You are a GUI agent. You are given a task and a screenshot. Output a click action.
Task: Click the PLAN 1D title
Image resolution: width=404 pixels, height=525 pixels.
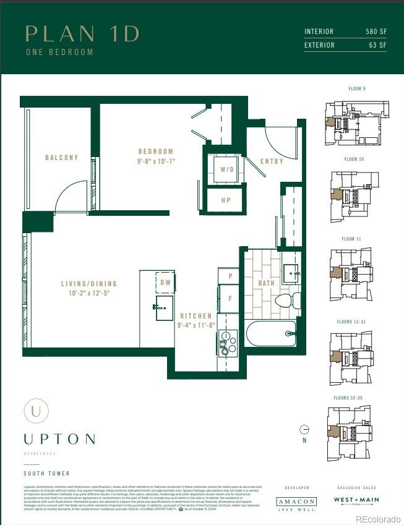[x=82, y=34]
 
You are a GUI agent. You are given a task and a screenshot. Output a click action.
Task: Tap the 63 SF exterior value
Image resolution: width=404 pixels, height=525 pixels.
[x=377, y=45]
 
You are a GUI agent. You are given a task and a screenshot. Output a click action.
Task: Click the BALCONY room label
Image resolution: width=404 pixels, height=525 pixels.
[x=62, y=158]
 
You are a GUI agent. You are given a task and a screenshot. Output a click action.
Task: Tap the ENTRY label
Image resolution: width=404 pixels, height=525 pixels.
[x=272, y=161]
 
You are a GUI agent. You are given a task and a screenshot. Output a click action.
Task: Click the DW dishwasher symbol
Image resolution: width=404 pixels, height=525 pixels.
[x=165, y=282]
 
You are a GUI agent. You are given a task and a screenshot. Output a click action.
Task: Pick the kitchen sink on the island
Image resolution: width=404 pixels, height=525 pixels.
[x=164, y=307]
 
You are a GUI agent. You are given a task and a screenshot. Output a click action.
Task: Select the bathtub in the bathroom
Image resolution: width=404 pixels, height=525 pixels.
[x=271, y=333]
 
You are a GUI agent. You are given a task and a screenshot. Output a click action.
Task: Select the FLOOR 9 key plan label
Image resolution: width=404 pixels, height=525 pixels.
[x=357, y=89]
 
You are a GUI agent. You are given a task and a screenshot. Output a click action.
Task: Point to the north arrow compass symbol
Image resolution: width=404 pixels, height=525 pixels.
[x=304, y=430]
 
